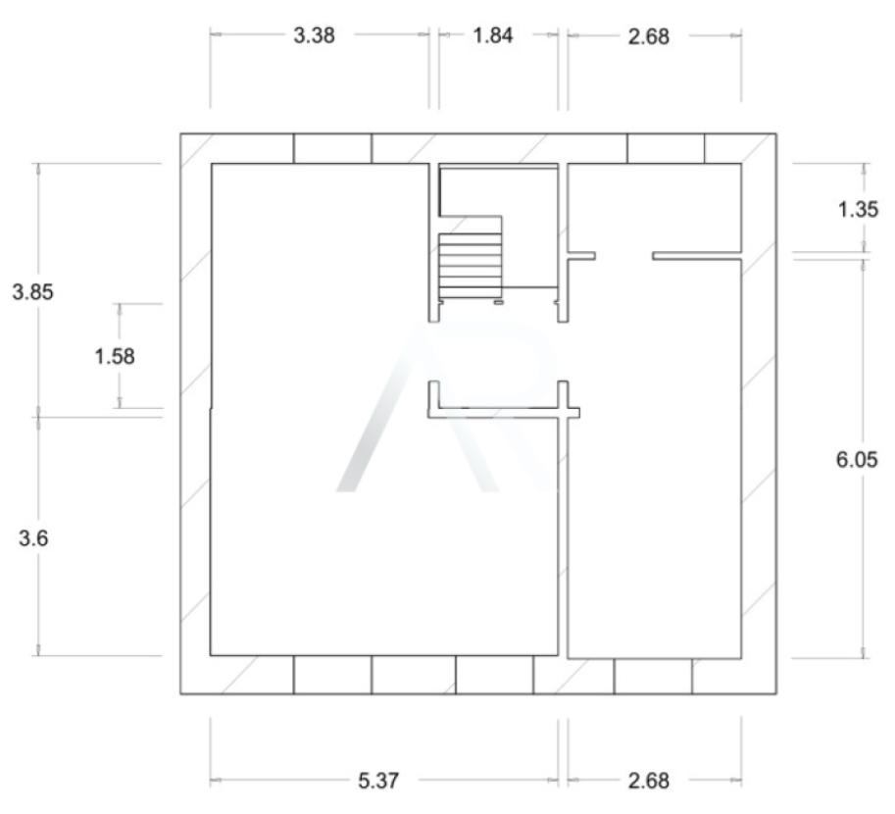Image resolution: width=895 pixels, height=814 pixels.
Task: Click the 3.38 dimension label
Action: pyautogui.click(x=314, y=35)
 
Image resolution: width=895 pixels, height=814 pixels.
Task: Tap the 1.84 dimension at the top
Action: pyautogui.click(x=493, y=35)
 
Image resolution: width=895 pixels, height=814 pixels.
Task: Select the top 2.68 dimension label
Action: pyautogui.click(x=648, y=36)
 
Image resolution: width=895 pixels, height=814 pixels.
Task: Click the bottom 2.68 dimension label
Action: pyautogui.click(x=648, y=781)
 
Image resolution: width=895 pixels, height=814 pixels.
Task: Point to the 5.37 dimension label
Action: pyautogui.click(x=378, y=781)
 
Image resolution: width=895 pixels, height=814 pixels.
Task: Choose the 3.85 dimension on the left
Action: pyautogui.click(x=32, y=292)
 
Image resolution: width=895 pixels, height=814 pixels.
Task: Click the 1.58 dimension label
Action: pyautogui.click(x=114, y=356)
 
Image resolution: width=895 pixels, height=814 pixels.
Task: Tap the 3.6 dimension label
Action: pyautogui.click(x=33, y=538)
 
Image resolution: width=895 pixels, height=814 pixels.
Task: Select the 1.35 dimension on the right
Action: pyautogui.click(x=858, y=210)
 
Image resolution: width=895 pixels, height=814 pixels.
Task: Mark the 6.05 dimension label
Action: pyautogui.click(x=857, y=459)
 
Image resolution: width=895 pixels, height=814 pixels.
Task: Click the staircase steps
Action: pyautogui.click(x=471, y=266)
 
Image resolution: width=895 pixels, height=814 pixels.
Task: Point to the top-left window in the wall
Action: pyautogui.click(x=332, y=148)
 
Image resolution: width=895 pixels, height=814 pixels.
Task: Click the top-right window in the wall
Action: pyautogui.click(x=667, y=148)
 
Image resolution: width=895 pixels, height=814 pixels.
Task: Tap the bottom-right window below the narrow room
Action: pyautogui.click(x=653, y=677)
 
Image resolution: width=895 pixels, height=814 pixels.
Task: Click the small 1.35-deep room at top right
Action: pyautogui.click(x=655, y=208)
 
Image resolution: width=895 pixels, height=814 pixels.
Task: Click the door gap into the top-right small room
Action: pyautogui.click(x=623, y=256)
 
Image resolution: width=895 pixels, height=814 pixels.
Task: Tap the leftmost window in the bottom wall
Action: pyautogui.click(x=332, y=675)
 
